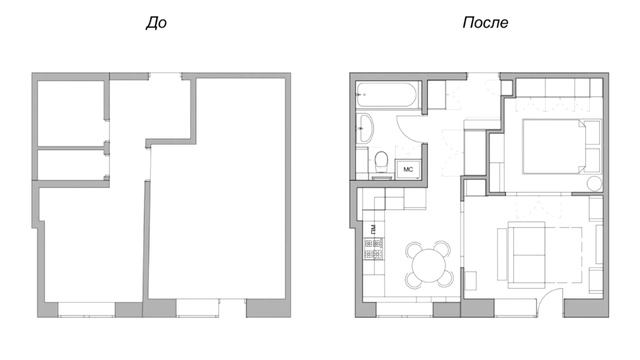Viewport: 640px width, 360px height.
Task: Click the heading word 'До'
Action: (x=156, y=23)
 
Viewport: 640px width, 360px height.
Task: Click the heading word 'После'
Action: (x=485, y=22)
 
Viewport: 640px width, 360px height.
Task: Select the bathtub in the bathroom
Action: (x=386, y=95)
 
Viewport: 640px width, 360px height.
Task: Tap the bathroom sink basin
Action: (x=365, y=128)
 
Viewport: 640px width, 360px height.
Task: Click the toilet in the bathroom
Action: (x=382, y=163)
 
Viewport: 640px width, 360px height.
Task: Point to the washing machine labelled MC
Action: (x=408, y=169)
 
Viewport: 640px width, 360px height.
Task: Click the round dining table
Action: (x=429, y=265)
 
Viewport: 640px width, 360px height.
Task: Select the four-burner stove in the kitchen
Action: (x=374, y=249)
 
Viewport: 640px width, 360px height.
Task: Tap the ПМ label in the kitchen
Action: (x=373, y=229)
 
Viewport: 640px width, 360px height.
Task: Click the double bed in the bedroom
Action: (x=554, y=147)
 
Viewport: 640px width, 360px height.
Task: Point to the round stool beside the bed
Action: (x=595, y=184)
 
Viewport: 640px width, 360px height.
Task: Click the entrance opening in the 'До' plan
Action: (x=165, y=76)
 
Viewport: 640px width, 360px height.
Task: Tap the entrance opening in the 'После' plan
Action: (x=483, y=76)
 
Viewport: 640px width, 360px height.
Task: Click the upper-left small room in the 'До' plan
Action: (x=71, y=113)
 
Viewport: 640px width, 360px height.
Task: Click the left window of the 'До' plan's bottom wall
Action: (x=86, y=309)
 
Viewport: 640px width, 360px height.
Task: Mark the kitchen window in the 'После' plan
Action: (x=404, y=309)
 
